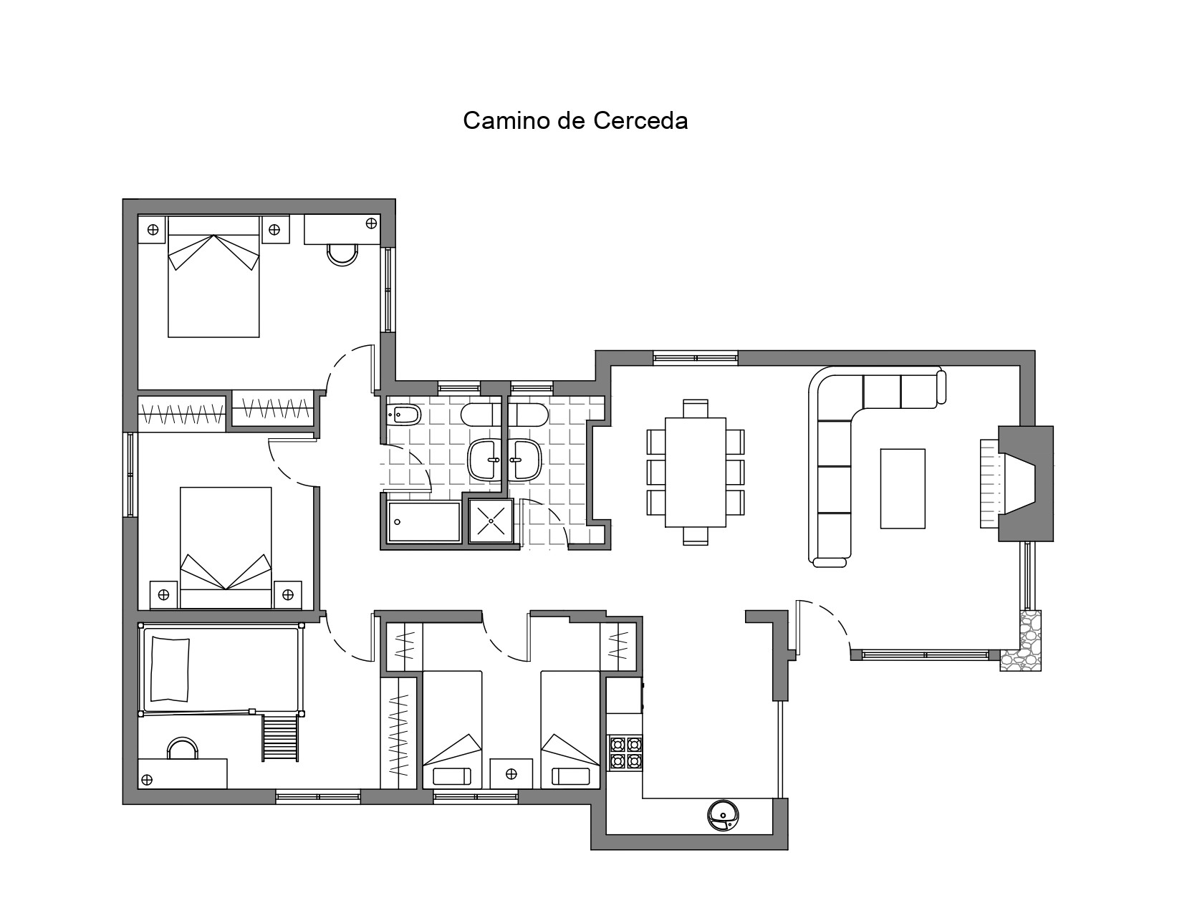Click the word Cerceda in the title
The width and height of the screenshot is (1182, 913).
coord(640,121)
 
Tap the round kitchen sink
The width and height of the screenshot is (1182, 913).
coord(723,816)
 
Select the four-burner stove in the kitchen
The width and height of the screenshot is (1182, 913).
coord(625,753)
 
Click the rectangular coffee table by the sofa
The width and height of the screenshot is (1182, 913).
coord(903,488)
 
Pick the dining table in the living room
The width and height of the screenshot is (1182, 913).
coord(695,472)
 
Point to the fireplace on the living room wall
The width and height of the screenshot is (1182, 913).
coord(1017,483)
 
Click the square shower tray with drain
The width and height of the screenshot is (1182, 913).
coord(491,521)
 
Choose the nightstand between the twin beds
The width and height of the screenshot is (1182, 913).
coord(511,773)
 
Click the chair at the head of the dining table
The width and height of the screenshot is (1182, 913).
coord(695,408)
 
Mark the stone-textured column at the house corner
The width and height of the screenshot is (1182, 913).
coord(1020,640)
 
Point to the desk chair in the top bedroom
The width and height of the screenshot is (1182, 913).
coord(342,255)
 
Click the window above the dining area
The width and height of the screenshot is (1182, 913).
coord(695,358)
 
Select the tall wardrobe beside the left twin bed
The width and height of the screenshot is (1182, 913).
coord(398,733)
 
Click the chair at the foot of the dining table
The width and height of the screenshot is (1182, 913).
coord(695,536)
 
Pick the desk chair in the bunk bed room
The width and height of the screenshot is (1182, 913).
coord(182,748)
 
